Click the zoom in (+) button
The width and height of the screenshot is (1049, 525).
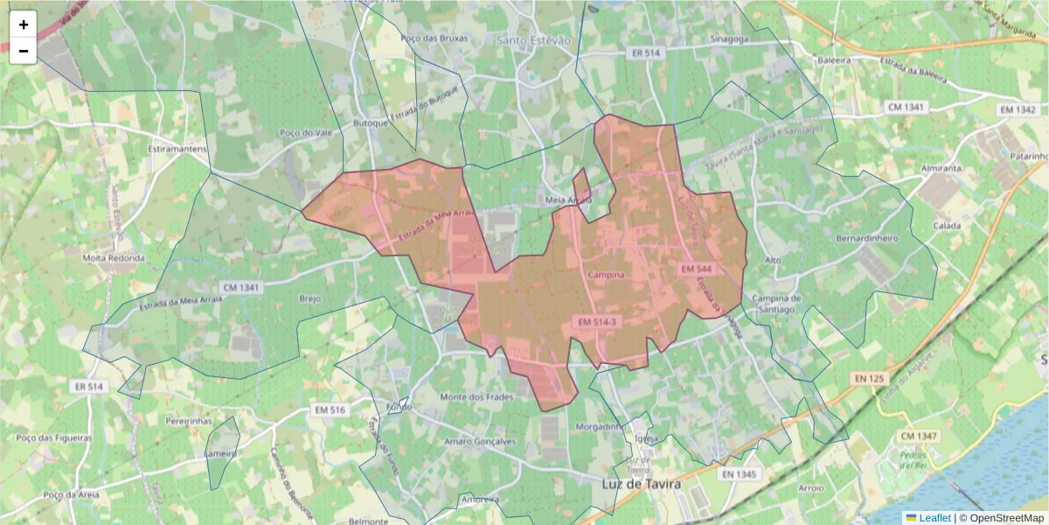[x=24, y=24]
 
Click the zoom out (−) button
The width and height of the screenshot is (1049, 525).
[x=24, y=51]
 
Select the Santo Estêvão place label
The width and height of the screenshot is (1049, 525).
[x=532, y=40]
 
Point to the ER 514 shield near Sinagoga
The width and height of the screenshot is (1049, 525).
[x=645, y=53]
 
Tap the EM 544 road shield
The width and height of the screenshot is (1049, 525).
[x=697, y=269]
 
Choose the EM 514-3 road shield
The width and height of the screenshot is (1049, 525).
[x=597, y=322]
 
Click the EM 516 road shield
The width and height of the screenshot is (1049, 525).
[x=330, y=409]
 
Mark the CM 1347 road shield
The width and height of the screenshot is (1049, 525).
[x=918, y=436]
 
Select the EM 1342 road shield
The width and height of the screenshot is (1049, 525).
[x=1018, y=109]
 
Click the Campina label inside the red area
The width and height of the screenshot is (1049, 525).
[x=607, y=275]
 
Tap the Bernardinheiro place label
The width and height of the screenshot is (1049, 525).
[x=867, y=238]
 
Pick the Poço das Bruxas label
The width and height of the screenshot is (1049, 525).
[x=434, y=38]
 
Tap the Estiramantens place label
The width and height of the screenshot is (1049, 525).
[x=177, y=149]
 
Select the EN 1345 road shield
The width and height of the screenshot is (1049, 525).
[x=740, y=474]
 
